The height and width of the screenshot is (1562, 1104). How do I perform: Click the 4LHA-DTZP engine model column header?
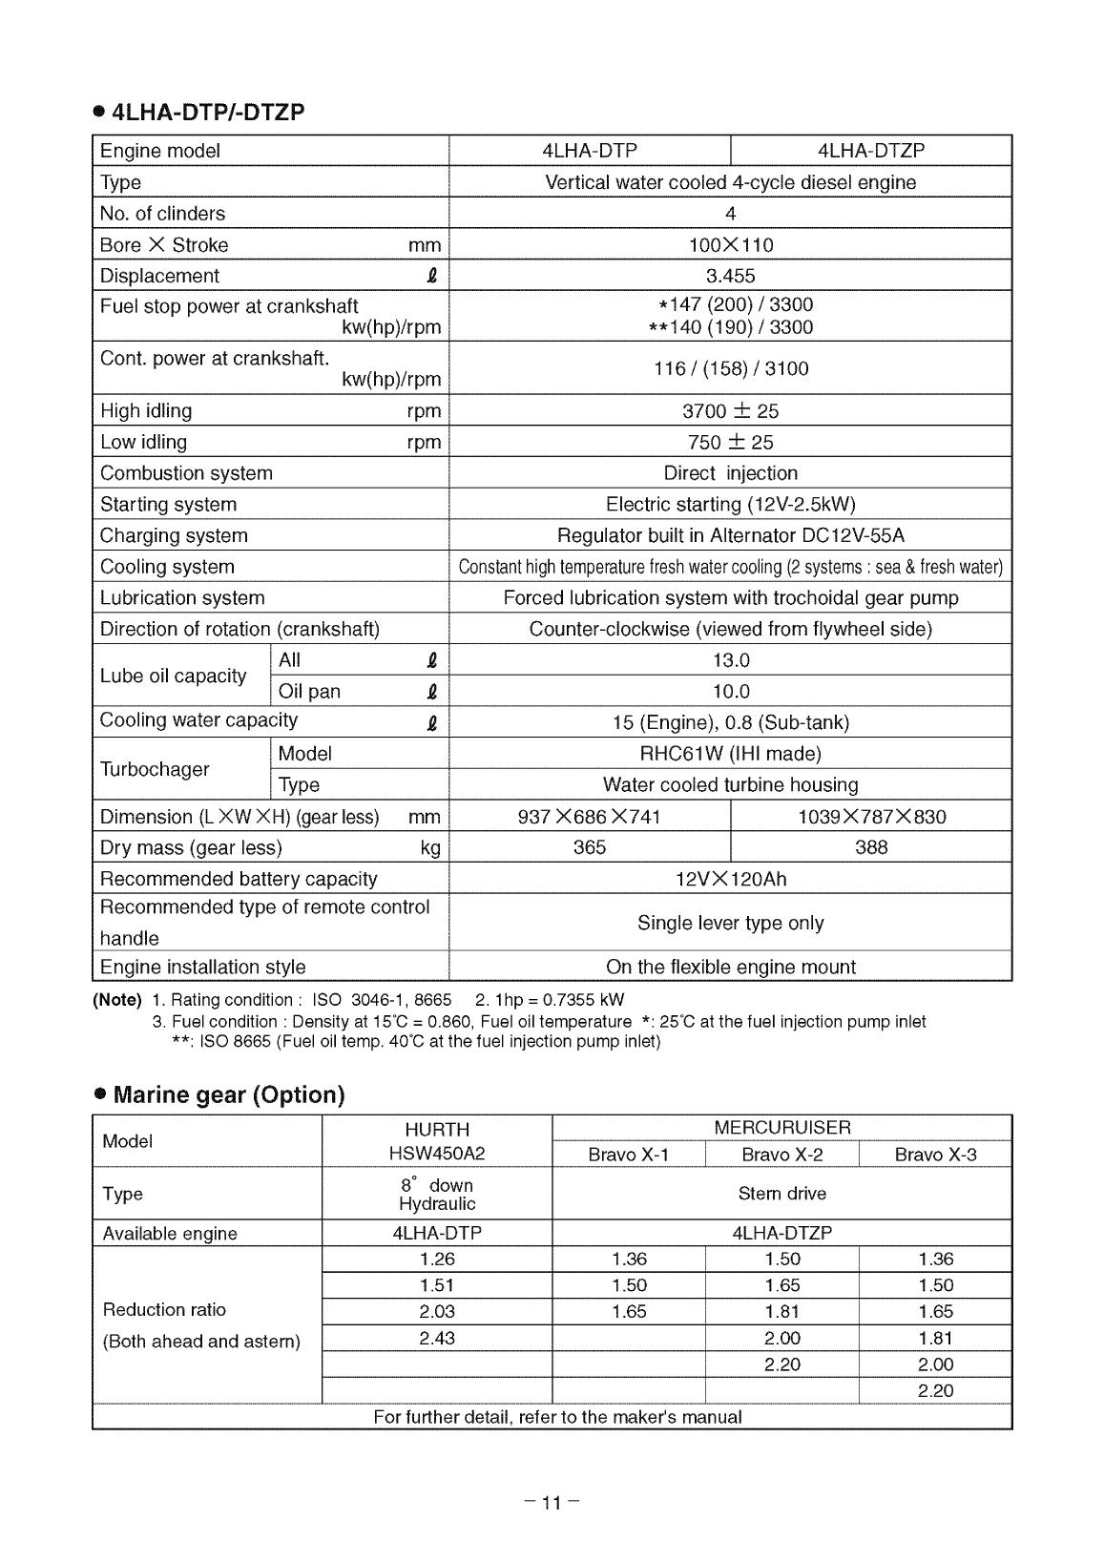click(x=870, y=151)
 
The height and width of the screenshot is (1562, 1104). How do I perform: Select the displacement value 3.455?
click(x=730, y=276)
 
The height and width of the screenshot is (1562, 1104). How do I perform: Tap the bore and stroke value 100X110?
click(x=730, y=245)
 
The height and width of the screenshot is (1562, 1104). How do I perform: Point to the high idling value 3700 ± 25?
click(x=730, y=411)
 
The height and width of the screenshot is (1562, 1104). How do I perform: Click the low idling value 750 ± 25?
click(x=730, y=443)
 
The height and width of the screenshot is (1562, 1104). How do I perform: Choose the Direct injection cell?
click(x=730, y=473)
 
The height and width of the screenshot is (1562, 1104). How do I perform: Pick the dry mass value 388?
click(x=870, y=847)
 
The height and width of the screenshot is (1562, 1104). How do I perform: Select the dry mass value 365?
click(x=589, y=847)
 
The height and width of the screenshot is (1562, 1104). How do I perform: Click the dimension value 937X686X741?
click(x=589, y=817)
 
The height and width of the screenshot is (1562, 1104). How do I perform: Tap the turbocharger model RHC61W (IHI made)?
click(x=730, y=754)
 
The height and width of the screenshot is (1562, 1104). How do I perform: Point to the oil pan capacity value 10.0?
click(x=730, y=691)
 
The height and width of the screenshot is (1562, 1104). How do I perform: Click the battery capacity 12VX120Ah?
click(x=730, y=879)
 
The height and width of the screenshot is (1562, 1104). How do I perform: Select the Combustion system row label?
click(x=186, y=473)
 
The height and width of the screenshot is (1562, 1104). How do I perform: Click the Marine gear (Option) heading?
click(x=228, y=1094)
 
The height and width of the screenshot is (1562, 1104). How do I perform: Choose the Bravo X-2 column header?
click(x=781, y=1155)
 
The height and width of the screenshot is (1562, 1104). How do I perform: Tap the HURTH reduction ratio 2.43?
click(x=437, y=1338)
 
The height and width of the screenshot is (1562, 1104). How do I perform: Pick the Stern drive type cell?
click(x=781, y=1194)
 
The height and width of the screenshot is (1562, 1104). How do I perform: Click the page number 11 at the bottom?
click(x=552, y=1504)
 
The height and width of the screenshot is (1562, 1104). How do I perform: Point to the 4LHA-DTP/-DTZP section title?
click(x=208, y=113)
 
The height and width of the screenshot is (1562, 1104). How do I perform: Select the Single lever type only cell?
click(x=730, y=923)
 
